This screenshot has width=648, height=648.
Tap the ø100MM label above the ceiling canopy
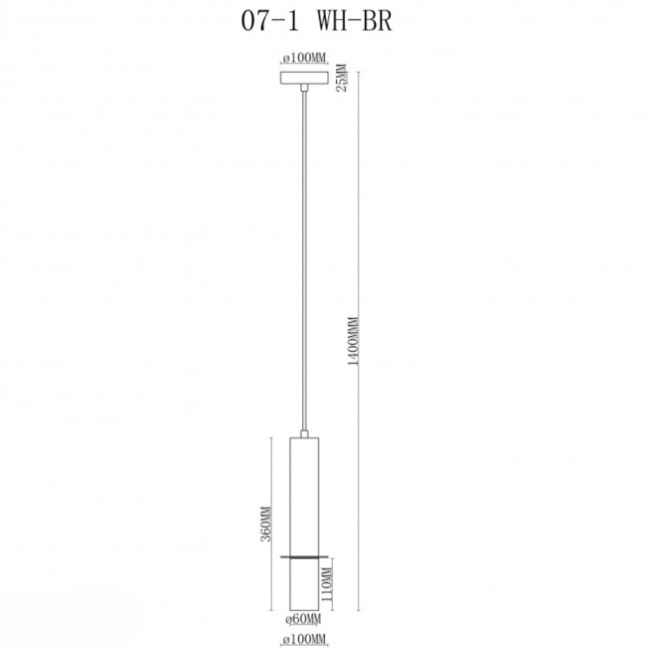[x=303, y=58]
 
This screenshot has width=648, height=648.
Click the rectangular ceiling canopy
[x=303, y=77]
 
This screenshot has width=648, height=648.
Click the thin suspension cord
[x=303, y=259]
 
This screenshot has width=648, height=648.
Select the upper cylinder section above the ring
[x=303, y=493]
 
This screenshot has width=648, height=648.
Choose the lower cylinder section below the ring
[x=303, y=583]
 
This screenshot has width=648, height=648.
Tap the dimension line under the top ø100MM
[x=303, y=65]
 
